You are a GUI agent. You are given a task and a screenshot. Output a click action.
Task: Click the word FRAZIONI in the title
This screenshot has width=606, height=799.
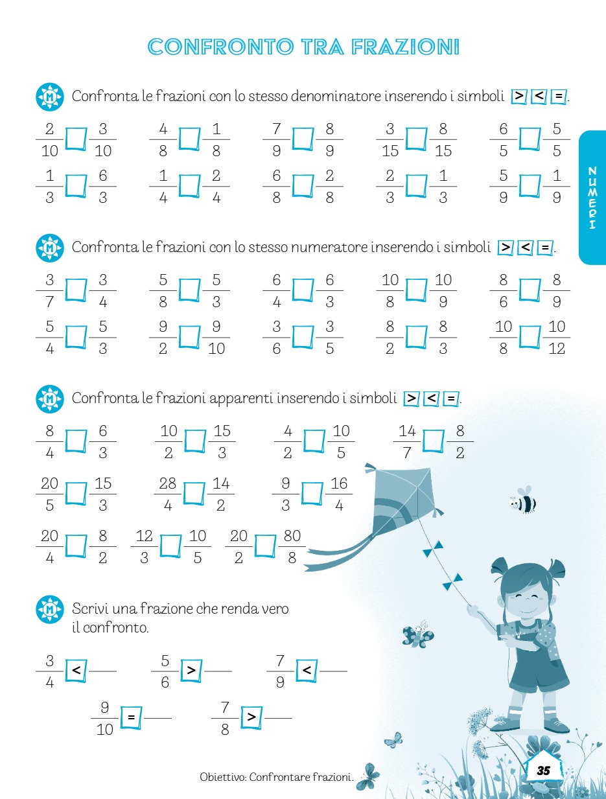405,47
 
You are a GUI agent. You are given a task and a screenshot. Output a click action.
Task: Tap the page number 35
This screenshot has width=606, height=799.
543,770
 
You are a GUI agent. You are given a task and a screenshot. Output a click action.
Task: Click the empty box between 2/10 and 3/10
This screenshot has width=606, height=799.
76,139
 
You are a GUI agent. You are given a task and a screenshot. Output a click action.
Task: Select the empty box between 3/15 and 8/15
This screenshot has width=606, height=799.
416,139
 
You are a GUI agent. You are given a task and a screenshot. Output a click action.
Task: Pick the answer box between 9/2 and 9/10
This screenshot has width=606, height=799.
189,337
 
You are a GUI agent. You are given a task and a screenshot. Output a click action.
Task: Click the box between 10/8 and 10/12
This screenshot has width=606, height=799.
530,337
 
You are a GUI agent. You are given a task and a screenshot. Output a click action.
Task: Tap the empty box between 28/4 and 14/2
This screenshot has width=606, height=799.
194,494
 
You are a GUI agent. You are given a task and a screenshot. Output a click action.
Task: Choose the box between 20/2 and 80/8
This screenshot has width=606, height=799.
265,546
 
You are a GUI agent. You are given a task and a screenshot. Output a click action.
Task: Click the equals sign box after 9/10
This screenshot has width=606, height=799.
131,717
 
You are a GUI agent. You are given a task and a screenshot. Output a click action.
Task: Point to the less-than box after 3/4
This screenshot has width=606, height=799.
76,670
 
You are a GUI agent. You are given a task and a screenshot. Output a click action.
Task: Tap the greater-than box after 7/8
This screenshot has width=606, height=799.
251,717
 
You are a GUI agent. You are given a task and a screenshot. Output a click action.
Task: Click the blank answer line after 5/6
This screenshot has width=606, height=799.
218,671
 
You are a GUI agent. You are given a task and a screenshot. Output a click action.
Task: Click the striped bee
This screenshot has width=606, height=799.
522,501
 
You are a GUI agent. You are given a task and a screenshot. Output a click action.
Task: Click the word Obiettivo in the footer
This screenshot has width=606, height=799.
224,777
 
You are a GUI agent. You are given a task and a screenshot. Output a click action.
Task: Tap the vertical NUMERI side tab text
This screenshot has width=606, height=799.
592,198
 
